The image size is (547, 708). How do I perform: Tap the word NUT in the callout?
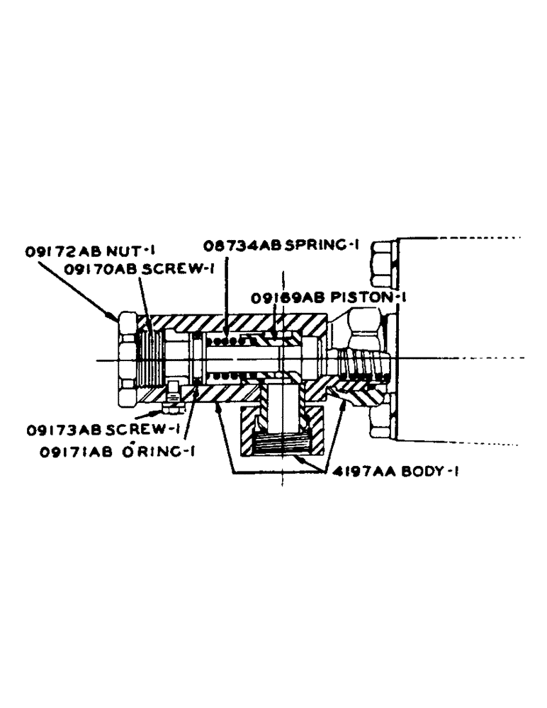point(120,250)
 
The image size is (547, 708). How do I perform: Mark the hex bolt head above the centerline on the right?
point(383,264)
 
